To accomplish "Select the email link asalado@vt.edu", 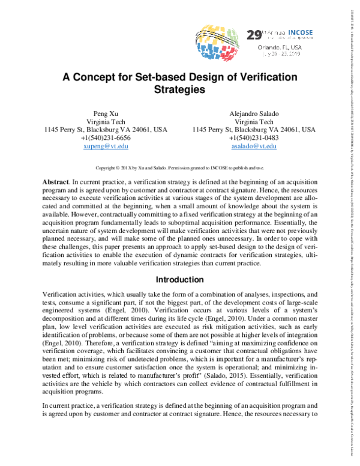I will tap(254, 147).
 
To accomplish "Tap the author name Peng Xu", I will tap(107, 113).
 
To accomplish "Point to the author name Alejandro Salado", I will tap(254, 113).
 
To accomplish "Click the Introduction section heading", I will tap(179, 280).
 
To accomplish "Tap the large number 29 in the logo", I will tap(254, 35).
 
